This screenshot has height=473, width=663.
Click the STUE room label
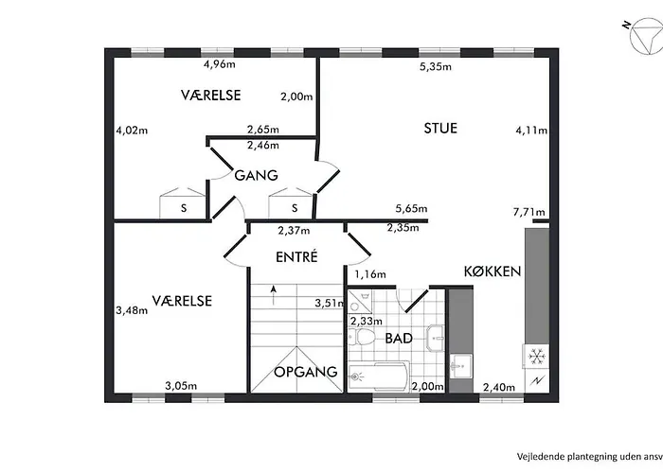[440, 128]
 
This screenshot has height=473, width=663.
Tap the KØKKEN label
[493, 272]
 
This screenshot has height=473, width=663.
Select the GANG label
[257, 175]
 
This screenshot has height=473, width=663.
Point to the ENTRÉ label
[296, 256]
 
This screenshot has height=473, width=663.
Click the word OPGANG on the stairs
[306, 372]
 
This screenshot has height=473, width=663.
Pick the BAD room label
[399, 339]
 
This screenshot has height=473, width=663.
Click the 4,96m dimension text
[220, 64]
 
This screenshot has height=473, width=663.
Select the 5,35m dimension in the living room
[436, 67]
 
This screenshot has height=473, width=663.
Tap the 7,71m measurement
[529, 212]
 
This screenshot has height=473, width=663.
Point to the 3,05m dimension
[181, 386]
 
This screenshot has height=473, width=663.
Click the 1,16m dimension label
[370, 274]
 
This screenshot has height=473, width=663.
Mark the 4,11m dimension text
[531, 131]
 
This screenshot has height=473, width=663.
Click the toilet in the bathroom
[365, 338]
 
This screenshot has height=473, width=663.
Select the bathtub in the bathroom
[379, 376]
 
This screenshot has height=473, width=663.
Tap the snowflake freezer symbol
[537, 357]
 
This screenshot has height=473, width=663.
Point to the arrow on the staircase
[274, 295]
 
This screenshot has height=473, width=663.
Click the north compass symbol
[645, 36]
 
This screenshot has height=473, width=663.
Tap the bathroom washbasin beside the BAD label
[435, 338]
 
